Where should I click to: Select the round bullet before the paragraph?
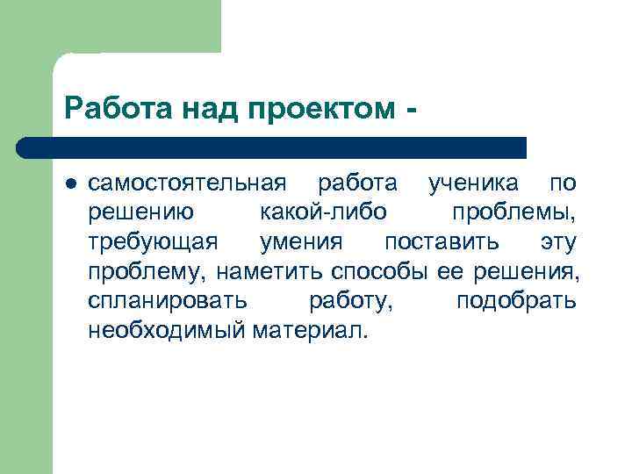[x=71, y=184]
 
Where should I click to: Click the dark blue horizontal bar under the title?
[x=272, y=147]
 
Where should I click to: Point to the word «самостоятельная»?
[x=187, y=184]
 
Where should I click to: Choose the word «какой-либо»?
[x=323, y=212]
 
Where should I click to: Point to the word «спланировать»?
[x=168, y=300]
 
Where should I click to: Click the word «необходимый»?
[x=167, y=330]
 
